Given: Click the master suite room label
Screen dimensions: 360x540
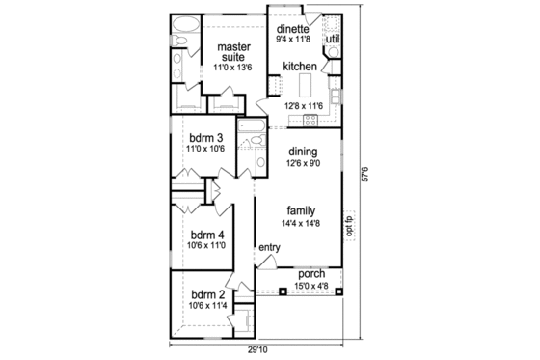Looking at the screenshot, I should pyautogui.click(x=233, y=52).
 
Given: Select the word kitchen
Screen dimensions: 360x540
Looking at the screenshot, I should pyautogui.click(x=301, y=66).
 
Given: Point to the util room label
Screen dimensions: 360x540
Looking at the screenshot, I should pyautogui.click(x=333, y=39).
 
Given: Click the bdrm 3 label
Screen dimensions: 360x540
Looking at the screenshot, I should pyautogui.click(x=206, y=137).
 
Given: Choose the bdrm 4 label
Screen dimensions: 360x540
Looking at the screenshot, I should pyautogui.click(x=207, y=235).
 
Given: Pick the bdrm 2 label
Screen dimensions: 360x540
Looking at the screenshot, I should pyautogui.click(x=207, y=294).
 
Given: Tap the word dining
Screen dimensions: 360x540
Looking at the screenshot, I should pyautogui.click(x=304, y=152).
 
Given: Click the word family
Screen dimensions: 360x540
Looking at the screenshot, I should pyautogui.click(x=303, y=209).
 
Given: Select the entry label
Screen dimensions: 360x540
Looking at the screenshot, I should pyautogui.click(x=268, y=248).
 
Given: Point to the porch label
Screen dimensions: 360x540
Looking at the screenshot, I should pyautogui.click(x=311, y=273).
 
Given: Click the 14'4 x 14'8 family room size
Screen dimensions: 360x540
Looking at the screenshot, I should pyautogui.click(x=303, y=223).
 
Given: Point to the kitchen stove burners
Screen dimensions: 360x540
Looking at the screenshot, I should pyautogui.click(x=311, y=120).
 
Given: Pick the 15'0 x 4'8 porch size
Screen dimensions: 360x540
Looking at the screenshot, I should pyautogui.click(x=311, y=285).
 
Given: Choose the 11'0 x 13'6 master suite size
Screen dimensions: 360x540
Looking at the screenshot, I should pyautogui.click(x=233, y=69).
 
